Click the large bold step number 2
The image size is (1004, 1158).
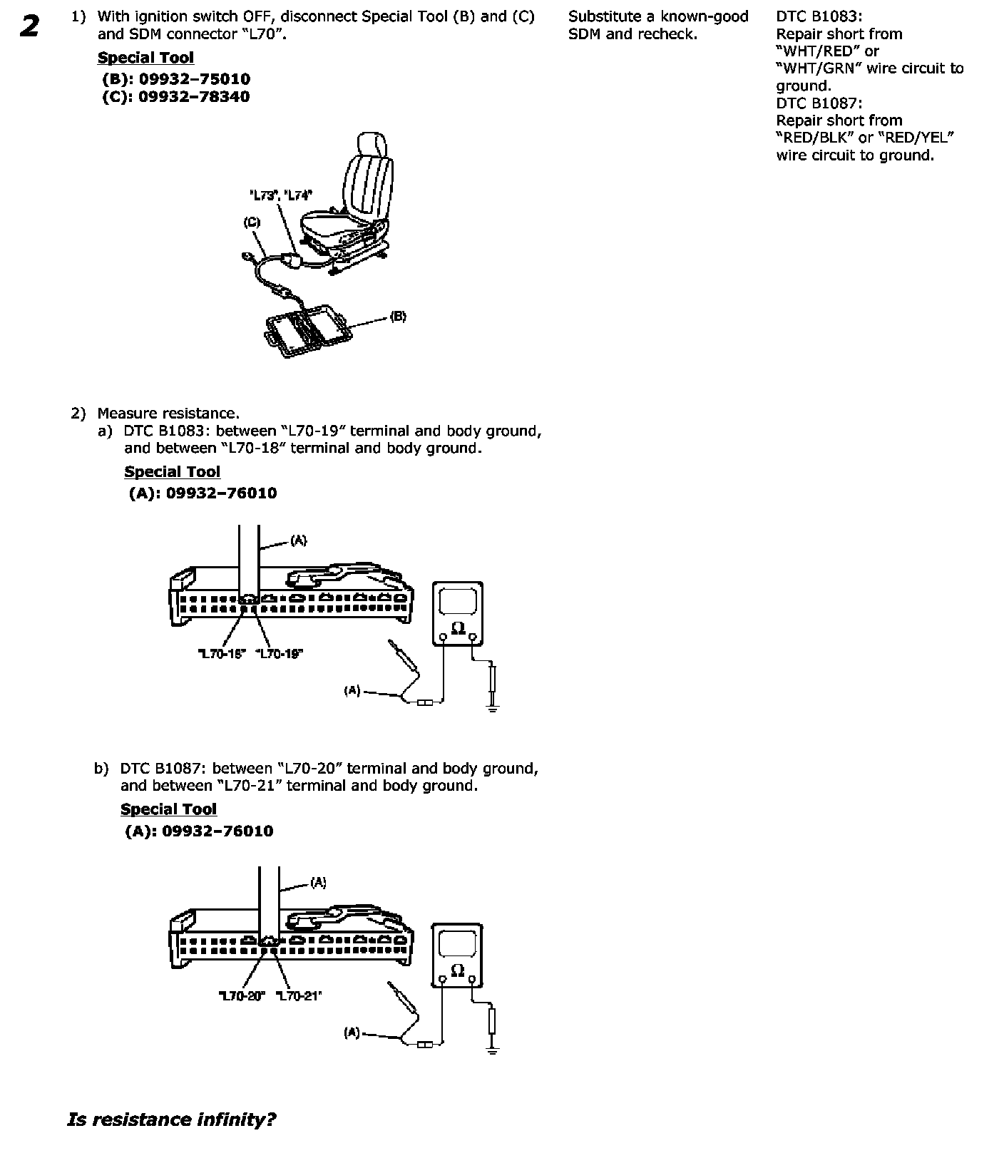pos(29,26)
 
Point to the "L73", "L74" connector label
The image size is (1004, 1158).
pos(280,195)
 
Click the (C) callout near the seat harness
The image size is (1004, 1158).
pos(252,222)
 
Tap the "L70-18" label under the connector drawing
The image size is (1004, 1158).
pos(221,653)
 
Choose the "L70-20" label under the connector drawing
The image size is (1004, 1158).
pos(242,995)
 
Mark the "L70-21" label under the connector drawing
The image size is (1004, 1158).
pos(299,995)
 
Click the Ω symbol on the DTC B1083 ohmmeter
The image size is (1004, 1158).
pos(458,627)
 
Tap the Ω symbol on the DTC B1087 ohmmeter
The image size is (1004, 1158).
pos(458,970)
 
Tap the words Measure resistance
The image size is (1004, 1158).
pos(168,414)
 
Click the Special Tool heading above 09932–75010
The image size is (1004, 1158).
pos(145,58)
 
